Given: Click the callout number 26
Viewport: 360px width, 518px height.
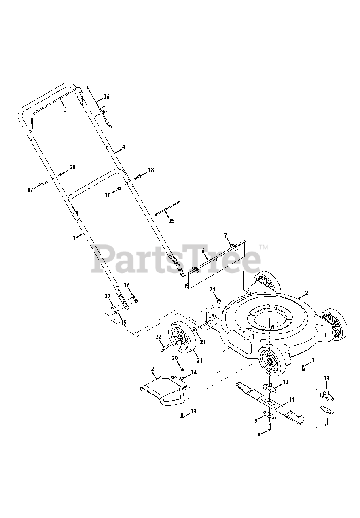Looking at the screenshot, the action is click(x=106, y=97).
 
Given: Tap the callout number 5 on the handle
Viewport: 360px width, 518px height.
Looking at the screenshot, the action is click(x=66, y=109).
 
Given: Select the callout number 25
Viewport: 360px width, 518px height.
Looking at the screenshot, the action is click(x=172, y=221).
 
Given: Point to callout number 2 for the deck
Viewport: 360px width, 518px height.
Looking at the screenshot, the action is click(x=306, y=293).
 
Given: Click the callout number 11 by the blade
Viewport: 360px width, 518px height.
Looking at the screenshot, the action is click(x=292, y=399).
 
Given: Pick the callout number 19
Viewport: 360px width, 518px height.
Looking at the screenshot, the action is click(x=326, y=378).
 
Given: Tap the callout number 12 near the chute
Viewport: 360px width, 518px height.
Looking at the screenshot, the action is click(x=151, y=369).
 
